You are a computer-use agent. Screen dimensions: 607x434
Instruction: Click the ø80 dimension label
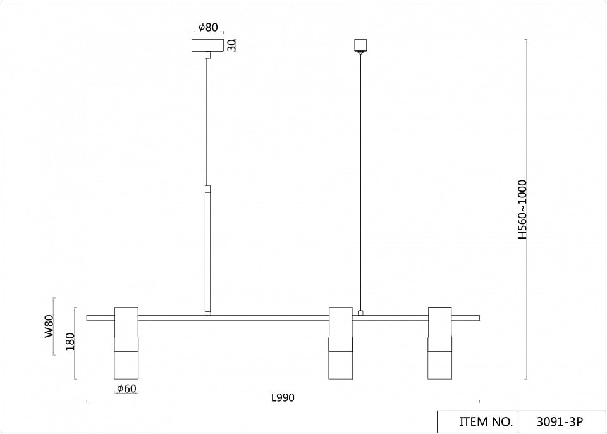tap(208, 27)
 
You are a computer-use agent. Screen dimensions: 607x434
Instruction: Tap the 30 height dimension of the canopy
tap(231, 46)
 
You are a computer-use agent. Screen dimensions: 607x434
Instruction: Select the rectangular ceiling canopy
tap(208, 46)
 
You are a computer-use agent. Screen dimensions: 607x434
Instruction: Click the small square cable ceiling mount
tap(360, 46)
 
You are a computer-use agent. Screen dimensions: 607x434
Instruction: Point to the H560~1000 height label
tap(523, 209)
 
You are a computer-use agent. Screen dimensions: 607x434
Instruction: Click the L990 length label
tap(283, 397)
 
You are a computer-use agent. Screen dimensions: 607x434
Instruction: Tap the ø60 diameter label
tap(126, 388)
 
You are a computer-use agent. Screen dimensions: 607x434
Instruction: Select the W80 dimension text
tap(49, 326)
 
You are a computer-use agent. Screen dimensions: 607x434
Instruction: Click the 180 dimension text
tap(70, 342)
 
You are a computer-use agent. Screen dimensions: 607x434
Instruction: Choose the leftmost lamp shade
tap(126, 344)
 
